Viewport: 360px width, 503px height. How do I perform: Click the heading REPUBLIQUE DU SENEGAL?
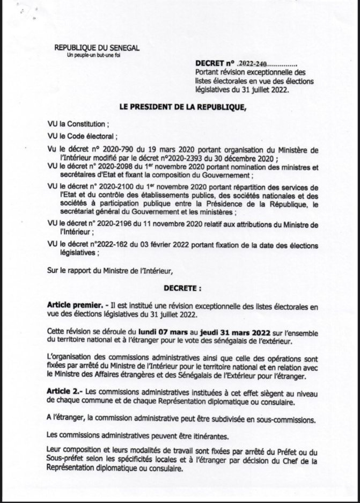tap(97, 48)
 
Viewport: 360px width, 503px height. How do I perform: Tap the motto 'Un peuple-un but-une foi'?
tap(96, 56)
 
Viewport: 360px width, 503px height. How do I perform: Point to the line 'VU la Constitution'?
tap(80, 123)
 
